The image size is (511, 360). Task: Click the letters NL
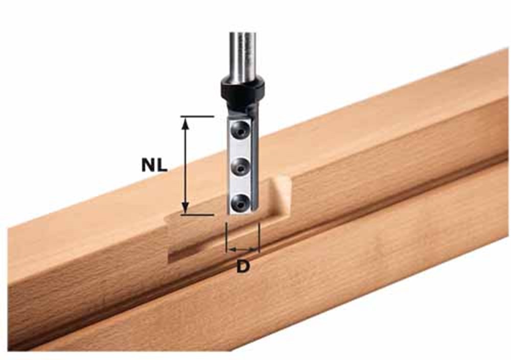click(x=154, y=165)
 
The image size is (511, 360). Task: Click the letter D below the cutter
click(x=243, y=266)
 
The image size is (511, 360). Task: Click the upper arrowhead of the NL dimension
click(x=186, y=122)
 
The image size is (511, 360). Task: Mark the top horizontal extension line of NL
click(x=197, y=117)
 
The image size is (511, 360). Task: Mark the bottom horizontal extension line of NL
click(x=197, y=215)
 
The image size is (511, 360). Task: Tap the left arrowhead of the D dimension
click(x=229, y=250)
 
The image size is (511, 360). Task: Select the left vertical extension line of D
click(x=225, y=237)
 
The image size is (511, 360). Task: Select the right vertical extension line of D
click(x=259, y=237)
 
